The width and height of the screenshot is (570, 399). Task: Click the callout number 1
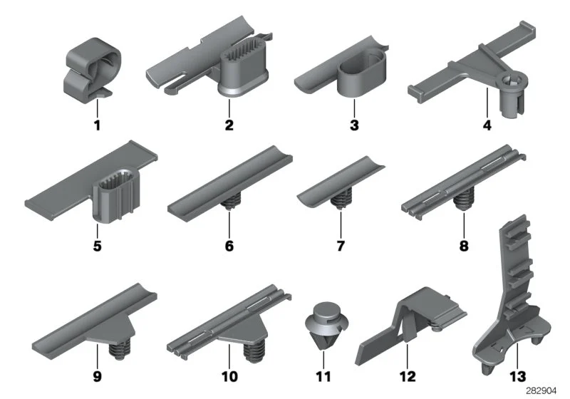pyautogui.click(x=97, y=125)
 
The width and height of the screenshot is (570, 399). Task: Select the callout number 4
pyautogui.click(x=487, y=125)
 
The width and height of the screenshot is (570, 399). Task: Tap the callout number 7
pyautogui.click(x=341, y=246)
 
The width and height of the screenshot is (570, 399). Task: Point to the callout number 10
pyautogui.click(x=229, y=376)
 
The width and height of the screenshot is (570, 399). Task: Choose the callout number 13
pyautogui.click(x=518, y=376)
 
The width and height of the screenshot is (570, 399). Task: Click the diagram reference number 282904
pyautogui.click(x=541, y=391)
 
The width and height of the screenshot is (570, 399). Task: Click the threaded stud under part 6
pyautogui.click(x=229, y=202)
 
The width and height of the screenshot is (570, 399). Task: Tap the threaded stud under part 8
pyautogui.click(x=464, y=201)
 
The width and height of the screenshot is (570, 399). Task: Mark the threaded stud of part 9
pyautogui.click(x=120, y=349)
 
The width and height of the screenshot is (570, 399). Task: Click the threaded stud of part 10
pyautogui.click(x=253, y=351)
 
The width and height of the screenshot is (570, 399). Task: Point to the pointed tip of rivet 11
pyautogui.click(x=323, y=350)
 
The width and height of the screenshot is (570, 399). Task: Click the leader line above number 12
pyautogui.click(x=408, y=356)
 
